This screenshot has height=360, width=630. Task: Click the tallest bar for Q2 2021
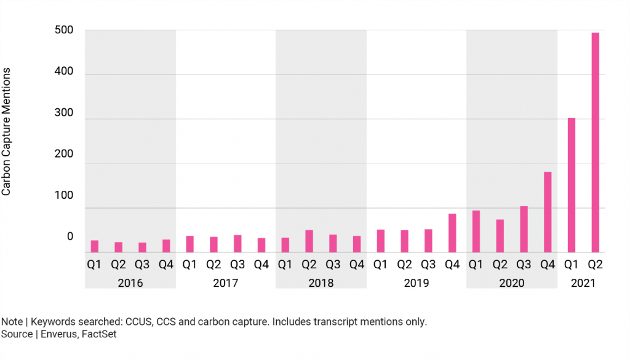(x=595, y=142)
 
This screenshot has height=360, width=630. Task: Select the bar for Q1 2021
(x=571, y=185)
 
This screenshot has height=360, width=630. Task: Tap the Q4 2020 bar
(x=548, y=212)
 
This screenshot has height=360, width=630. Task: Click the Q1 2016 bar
(x=95, y=246)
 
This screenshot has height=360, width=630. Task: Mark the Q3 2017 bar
(x=237, y=244)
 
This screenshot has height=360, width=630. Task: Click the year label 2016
(x=130, y=284)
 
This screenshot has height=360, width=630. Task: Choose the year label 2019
(x=417, y=284)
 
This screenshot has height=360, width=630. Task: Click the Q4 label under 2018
(x=357, y=265)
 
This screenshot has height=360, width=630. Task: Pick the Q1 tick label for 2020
(x=476, y=265)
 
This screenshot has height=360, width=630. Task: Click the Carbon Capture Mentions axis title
(x=7, y=132)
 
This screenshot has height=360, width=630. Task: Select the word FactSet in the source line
(x=99, y=334)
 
